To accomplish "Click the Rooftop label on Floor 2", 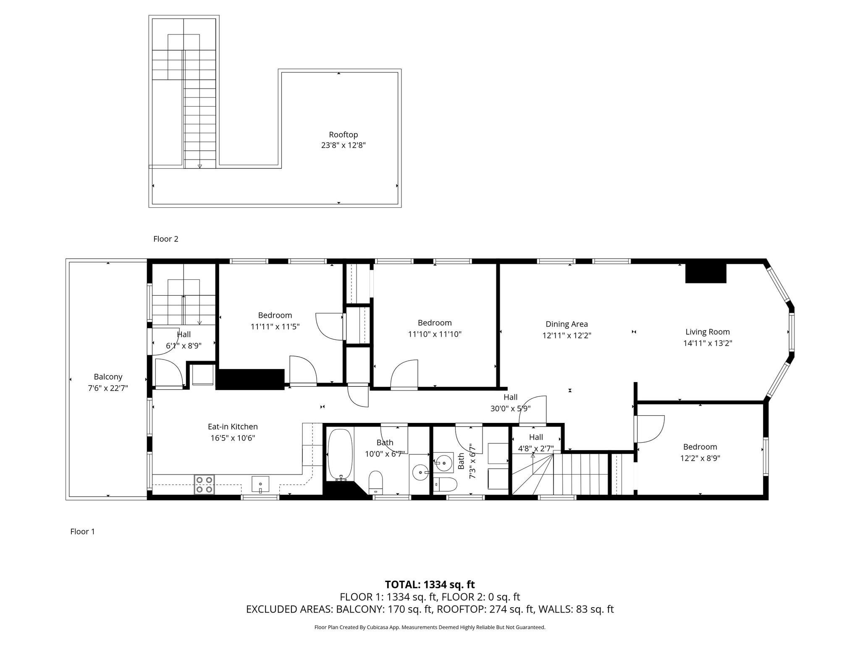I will click(343, 135).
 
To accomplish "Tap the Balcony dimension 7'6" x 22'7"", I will click(108, 388).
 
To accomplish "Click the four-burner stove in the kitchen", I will click(204, 484).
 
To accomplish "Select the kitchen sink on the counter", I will click(260, 484).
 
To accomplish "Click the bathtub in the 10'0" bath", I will click(340, 454).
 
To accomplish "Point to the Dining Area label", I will click(566, 324).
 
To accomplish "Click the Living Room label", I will click(708, 332).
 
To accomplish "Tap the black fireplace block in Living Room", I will click(705, 273).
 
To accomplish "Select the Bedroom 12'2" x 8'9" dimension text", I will click(700, 459).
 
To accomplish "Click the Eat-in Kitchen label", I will click(233, 427).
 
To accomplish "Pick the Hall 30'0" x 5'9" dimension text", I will click(510, 409).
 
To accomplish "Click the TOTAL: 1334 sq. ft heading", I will click(430, 585).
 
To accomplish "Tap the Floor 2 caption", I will click(166, 239).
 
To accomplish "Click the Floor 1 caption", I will click(82, 532).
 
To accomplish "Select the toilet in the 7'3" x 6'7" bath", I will click(445, 484).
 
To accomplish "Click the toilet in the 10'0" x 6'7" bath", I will click(375, 482).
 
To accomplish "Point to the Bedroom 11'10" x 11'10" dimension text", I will click(435, 335).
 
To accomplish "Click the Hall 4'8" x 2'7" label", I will click(536, 437).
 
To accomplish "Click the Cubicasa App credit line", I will click(430, 627).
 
